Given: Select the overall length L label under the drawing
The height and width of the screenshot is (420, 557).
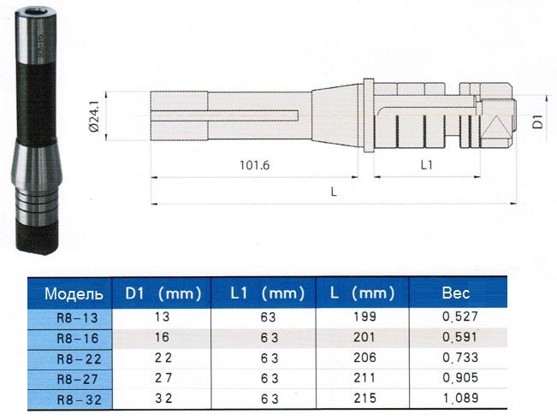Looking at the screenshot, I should [334, 192].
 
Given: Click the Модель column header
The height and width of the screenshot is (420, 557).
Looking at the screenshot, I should [74, 293].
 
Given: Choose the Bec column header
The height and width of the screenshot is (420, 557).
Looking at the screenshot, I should [455, 293].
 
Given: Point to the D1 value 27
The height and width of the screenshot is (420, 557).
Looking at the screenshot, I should [163, 378].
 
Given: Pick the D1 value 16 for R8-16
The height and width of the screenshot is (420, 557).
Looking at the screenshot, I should [163, 338].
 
